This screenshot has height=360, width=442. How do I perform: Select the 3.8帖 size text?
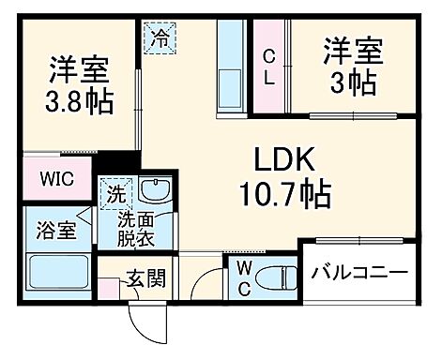coord(80,99)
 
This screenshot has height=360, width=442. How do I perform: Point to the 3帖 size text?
coord(352,82)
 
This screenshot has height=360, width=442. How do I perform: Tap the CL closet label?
coord(268,66)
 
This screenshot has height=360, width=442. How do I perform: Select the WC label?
coord(243,277)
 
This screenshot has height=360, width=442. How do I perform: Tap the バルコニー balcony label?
coord(360,273)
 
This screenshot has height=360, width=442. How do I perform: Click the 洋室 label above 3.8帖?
coord(79,67)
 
